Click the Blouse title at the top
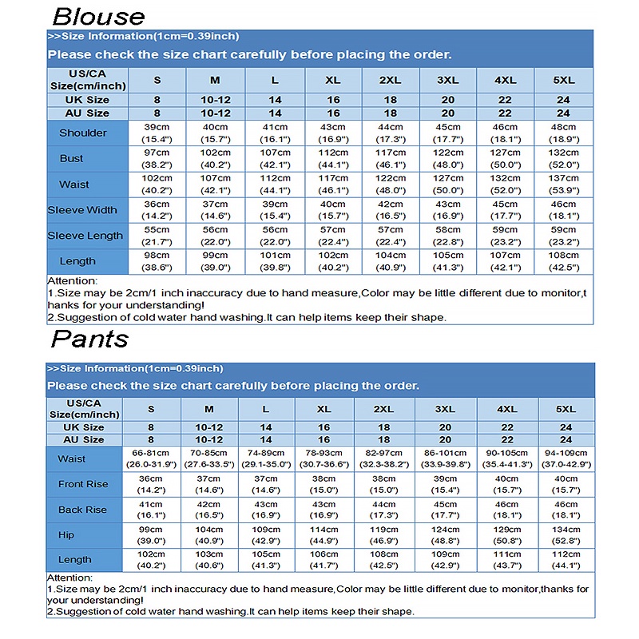tap(99, 16)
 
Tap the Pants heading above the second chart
tap(89, 339)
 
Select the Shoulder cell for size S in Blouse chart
tap(157, 133)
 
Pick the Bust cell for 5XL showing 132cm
tap(565, 158)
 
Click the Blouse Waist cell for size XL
tap(333, 184)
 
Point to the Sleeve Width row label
tap(82, 210)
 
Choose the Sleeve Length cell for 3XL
tap(448, 235)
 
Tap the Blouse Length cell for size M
tap(215, 261)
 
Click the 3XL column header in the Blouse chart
tap(448, 80)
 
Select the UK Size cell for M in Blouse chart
tap(215, 100)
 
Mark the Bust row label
tap(72, 158)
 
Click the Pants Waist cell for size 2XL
tap(383, 459)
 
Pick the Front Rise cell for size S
tap(151, 484)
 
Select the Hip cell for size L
tap(266, 535)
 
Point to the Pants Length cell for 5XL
tap(566, 561)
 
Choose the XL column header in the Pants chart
tap(323, 408)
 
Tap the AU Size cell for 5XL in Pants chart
tap(566, 439)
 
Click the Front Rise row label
tap(82, 484)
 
